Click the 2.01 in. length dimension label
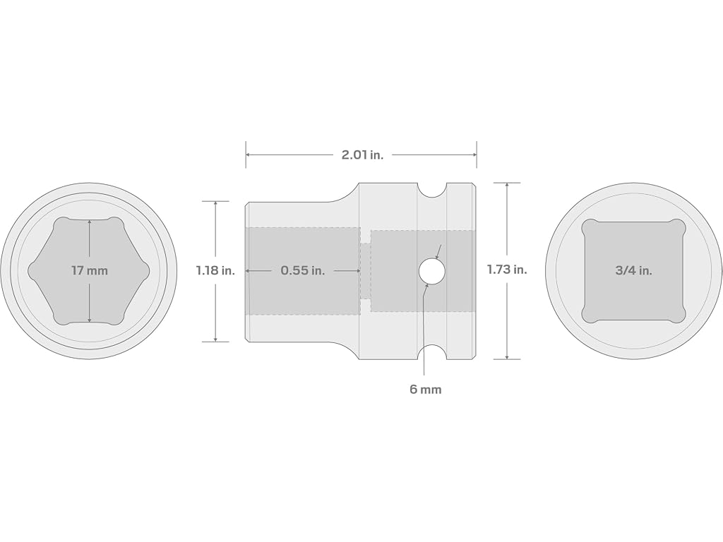click(362, 155)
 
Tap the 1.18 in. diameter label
click(215, 270)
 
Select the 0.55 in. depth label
click(302, 270)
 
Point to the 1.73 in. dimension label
click(507, 270)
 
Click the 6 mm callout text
click(425, 390)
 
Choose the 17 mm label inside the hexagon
click(90, 270)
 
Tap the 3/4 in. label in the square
click(633, 270)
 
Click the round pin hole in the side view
click(432, 271)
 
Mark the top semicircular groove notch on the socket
click(432, 189)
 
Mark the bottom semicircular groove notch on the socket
click(432, 352)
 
